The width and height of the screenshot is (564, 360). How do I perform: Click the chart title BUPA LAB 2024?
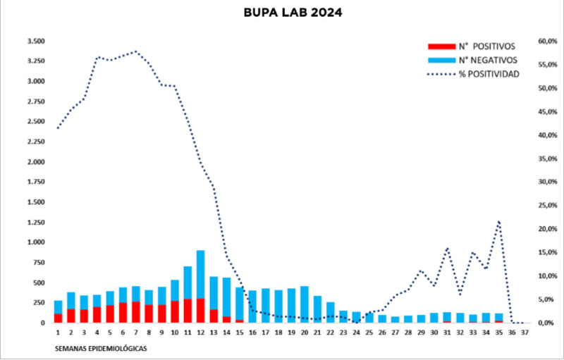(281, 13)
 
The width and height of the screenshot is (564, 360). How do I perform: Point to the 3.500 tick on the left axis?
(35, 42)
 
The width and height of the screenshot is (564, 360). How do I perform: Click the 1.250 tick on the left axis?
(35, 223)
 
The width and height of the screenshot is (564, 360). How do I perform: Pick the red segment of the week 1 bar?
(58, 318)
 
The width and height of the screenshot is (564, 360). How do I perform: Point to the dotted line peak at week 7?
(135, 51)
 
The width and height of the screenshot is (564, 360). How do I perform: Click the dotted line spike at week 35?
(498, 222)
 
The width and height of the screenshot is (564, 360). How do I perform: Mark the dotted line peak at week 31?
(447, 248)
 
